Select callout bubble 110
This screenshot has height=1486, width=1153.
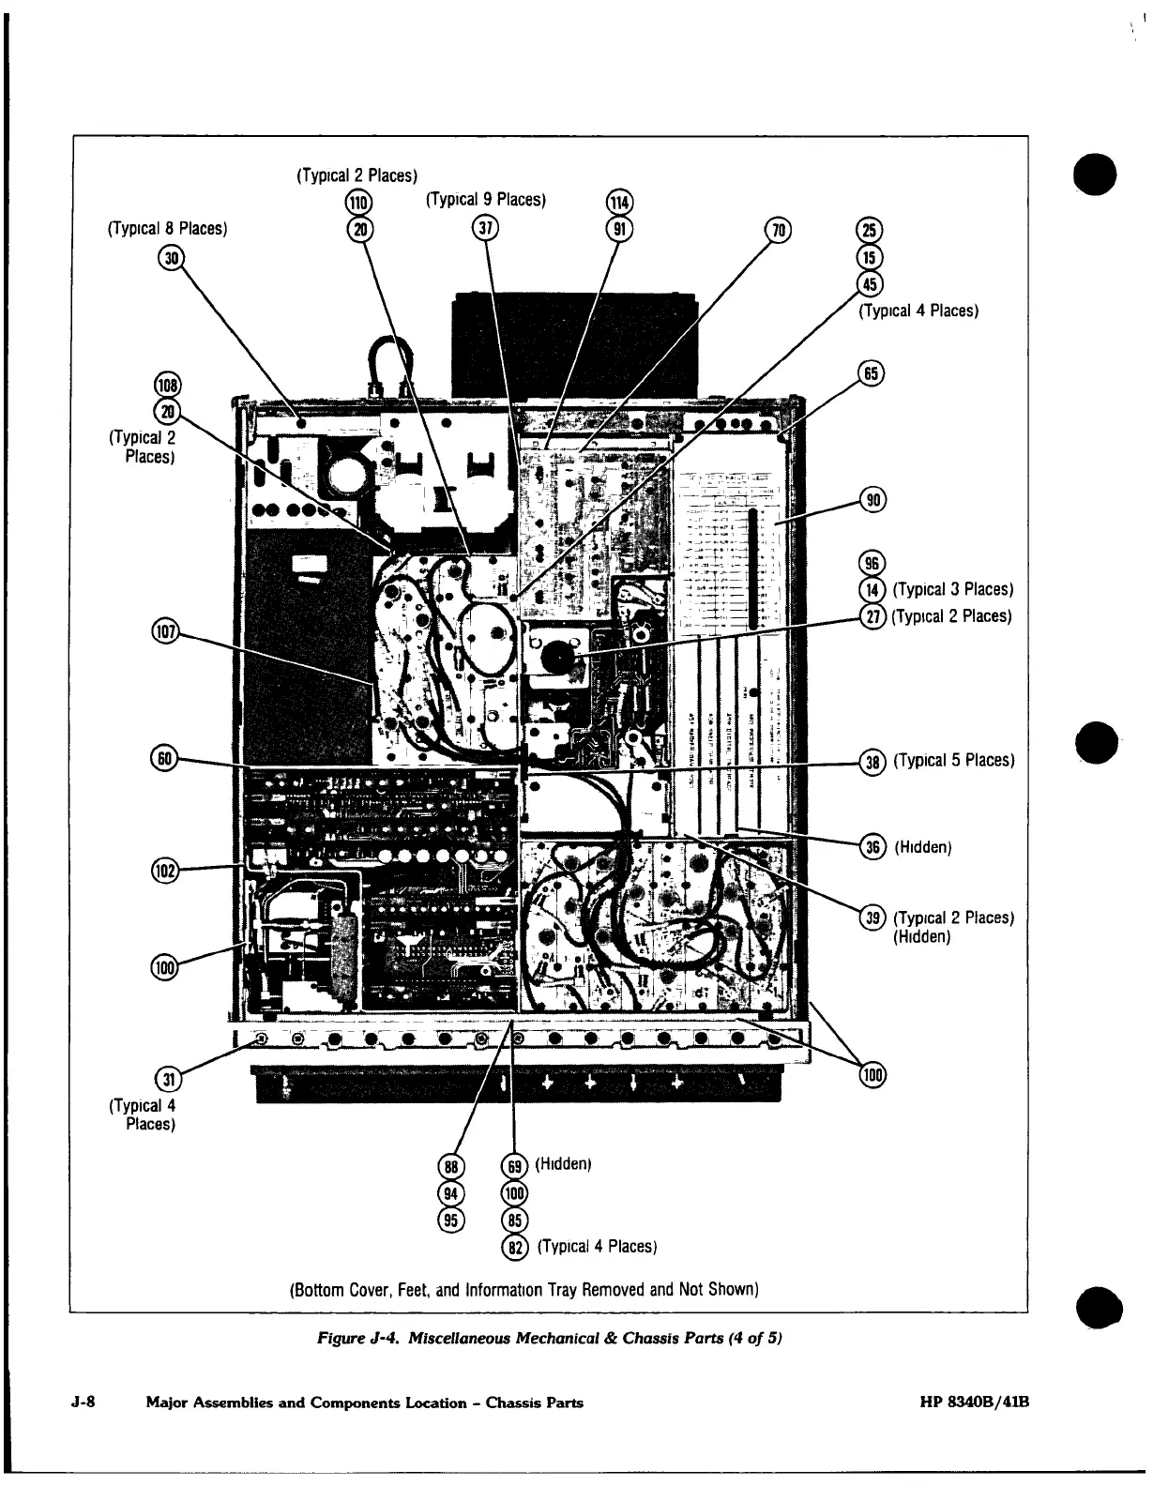358,202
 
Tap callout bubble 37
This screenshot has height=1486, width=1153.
486,228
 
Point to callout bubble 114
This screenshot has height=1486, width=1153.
620,202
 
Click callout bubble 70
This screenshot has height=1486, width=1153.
779,228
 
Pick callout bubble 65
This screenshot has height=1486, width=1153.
872,372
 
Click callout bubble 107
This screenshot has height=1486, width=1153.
164,631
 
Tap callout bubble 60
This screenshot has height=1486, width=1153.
164,758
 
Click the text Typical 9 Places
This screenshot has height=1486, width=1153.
486,200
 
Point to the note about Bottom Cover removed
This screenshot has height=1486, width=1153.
523,1289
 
